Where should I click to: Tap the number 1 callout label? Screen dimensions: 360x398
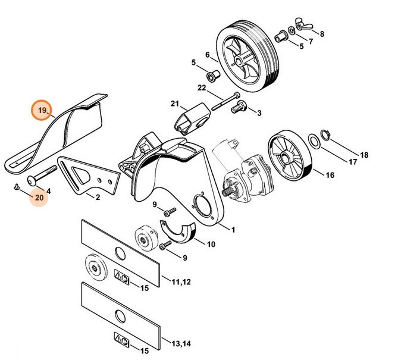tap(233, 229)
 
